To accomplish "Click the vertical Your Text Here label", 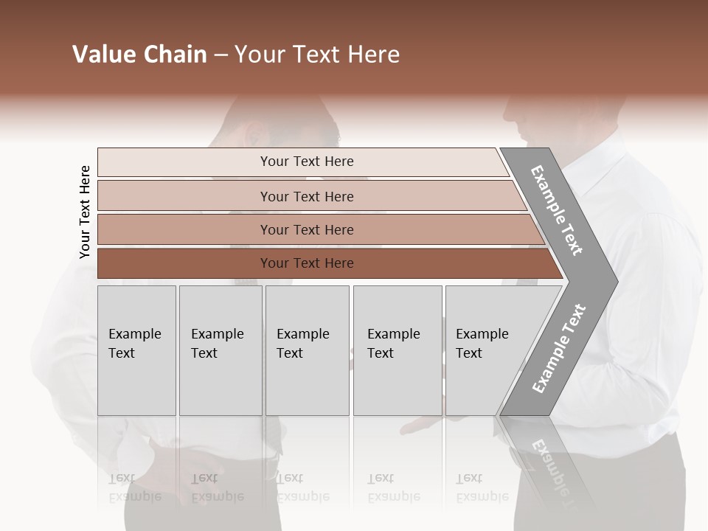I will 85,212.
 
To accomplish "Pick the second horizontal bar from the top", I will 307,196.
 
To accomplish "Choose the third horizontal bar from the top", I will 307,229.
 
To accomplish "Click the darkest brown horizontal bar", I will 307,263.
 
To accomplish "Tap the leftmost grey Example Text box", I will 136,350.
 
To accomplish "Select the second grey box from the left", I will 220,350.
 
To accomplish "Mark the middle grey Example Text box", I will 307,350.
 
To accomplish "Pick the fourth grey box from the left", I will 397,350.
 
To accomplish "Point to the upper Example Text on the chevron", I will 557,210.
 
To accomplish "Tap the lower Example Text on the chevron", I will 558,349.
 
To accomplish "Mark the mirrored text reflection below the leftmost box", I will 134,487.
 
